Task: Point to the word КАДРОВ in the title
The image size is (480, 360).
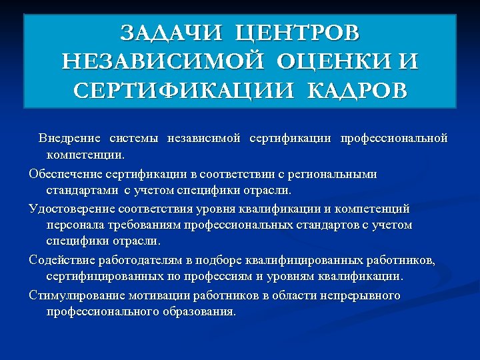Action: tap(357, 91)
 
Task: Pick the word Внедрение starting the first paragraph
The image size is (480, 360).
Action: tap(69, 139)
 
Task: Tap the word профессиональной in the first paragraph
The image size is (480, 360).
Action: tap(393, 139)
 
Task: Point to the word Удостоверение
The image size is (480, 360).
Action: tap(72, 209)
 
